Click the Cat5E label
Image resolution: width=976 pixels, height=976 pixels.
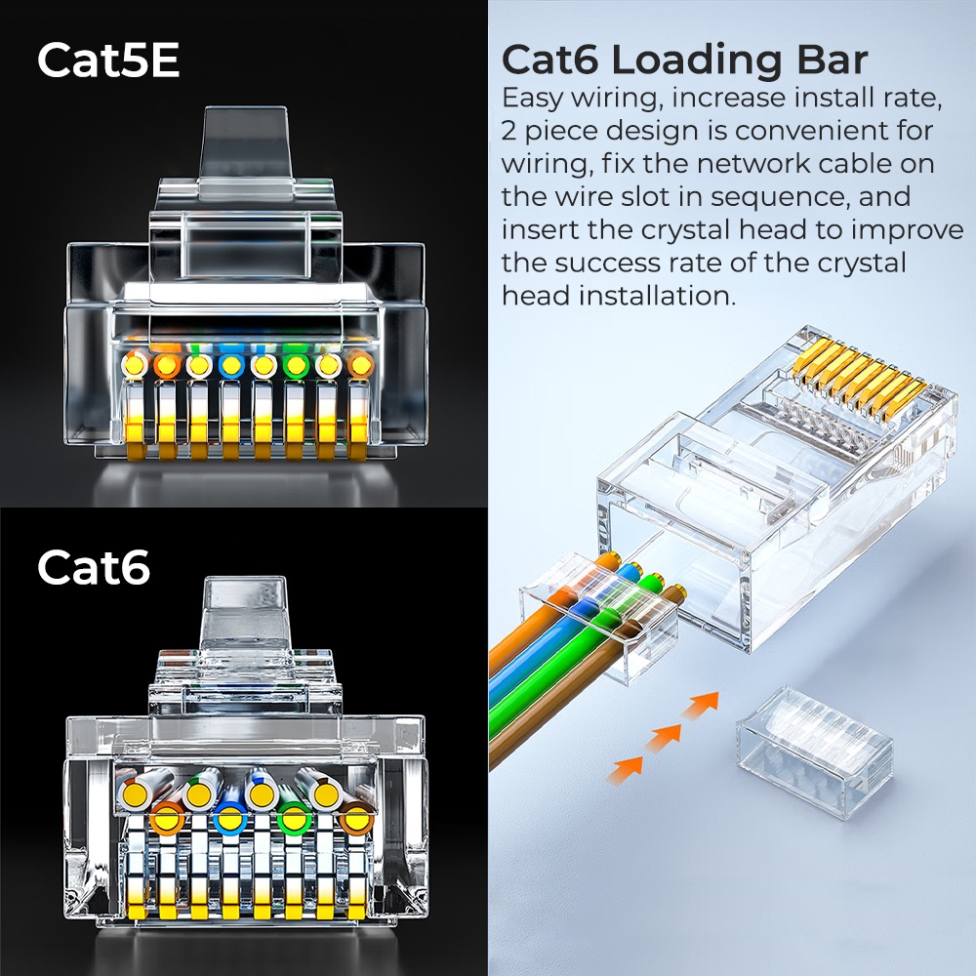108,61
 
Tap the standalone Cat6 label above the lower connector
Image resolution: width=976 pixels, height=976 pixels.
94,568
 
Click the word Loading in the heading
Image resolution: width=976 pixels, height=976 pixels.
692,61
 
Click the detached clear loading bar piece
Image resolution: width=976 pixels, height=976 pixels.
813,740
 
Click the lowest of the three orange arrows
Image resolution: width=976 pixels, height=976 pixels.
625,770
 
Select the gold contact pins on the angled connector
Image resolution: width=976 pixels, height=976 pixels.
859,381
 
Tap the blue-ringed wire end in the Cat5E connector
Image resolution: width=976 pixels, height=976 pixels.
231,366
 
